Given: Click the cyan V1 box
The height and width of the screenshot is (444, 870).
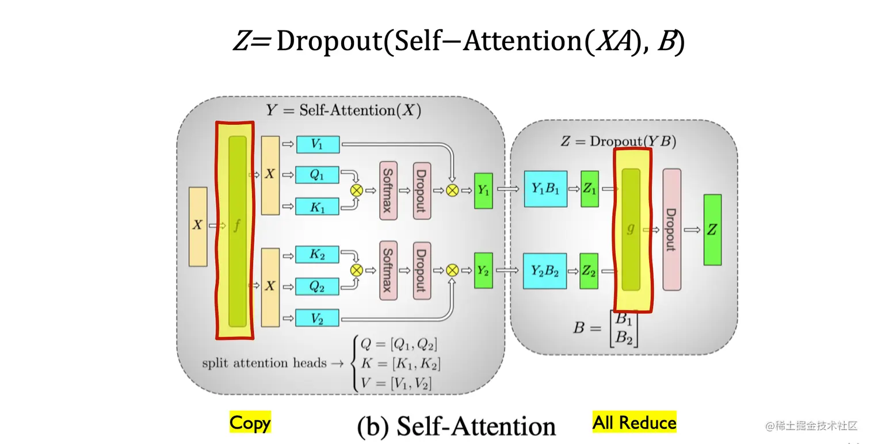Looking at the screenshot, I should pos(318,144).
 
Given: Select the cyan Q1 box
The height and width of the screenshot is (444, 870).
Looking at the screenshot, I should pos(317,175).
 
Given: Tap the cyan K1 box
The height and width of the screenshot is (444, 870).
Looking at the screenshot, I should pos(317,207).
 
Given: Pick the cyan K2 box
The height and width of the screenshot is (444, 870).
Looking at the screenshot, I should pos(317,254).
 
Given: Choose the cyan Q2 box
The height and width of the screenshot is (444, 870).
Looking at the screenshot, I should pos(317,286).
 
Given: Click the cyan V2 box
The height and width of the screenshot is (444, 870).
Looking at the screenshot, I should pos(317,318).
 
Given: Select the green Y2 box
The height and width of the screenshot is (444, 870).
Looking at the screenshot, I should pos(483,270).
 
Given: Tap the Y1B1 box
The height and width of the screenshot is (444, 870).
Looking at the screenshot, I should pos(545,189).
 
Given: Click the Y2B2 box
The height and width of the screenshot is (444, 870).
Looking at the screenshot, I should pos(545,271).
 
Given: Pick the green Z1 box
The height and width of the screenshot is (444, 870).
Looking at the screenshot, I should pos(589,189).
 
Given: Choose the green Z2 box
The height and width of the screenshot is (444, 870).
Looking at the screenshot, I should pos(589,271).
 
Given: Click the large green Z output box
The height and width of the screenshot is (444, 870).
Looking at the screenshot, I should pos(712,229).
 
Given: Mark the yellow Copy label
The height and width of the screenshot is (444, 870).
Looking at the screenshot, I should pos(250,423).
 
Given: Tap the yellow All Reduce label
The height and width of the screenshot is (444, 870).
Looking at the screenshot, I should pos(634,423).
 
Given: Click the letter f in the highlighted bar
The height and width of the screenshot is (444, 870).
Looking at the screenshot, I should pos(236,226).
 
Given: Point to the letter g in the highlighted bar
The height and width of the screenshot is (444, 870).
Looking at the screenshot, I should pos(631,228).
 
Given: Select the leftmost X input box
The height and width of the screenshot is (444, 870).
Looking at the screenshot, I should pos(197,226).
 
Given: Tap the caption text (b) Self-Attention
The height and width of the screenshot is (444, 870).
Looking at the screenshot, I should pos(457,427).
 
